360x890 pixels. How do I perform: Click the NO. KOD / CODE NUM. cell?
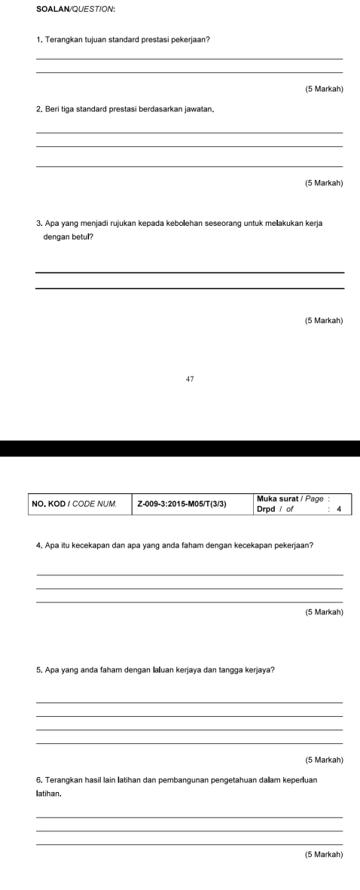tap(75, 503)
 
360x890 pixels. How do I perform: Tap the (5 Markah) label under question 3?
tap(324, 321)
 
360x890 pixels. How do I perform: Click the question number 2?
tap(38, 111)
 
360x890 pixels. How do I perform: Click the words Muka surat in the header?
tap(276, 498)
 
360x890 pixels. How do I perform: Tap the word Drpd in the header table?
tap(265, 508)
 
